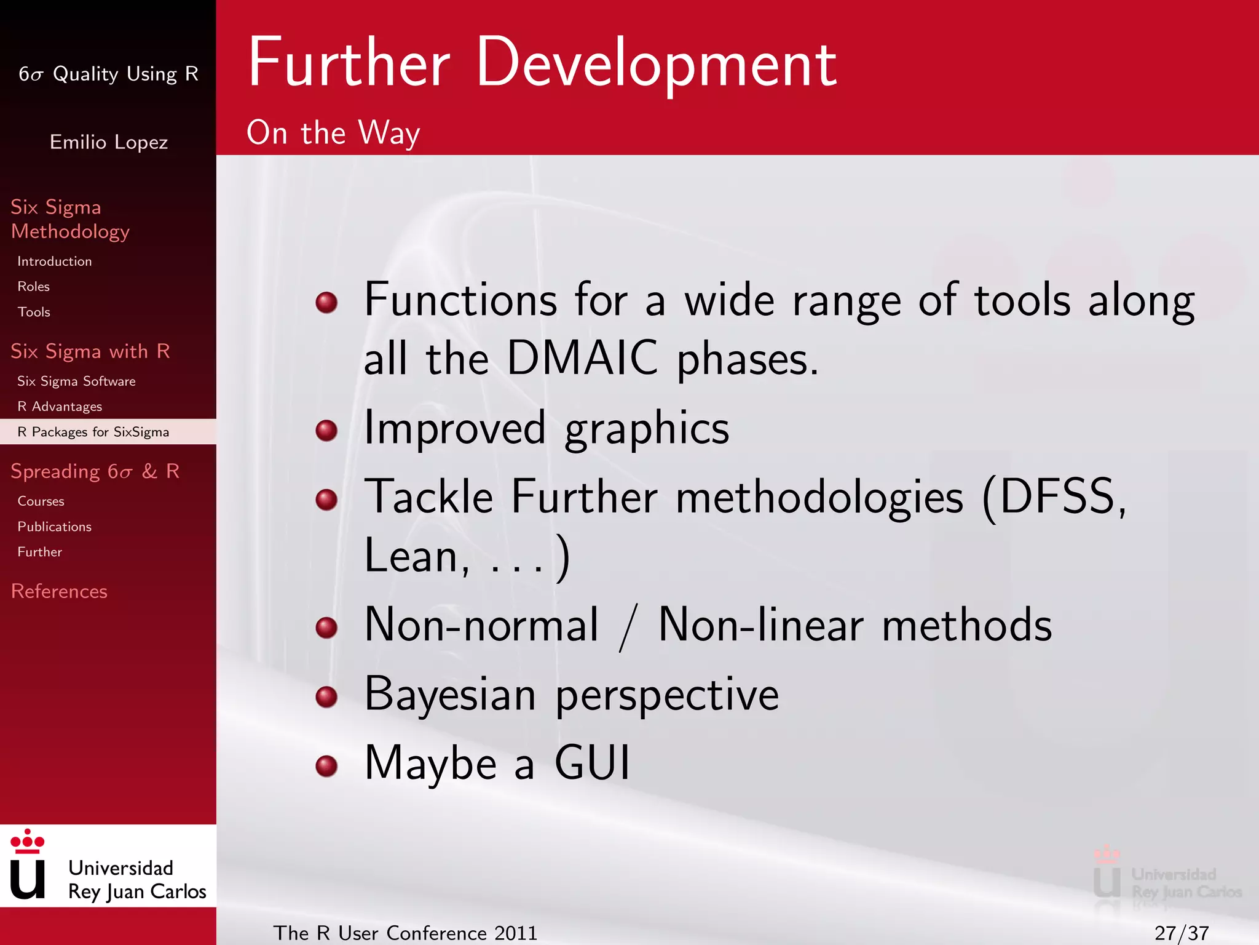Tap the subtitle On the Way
tap(333, 132)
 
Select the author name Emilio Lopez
tap(108, 142)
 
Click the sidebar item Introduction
tap(54, 261)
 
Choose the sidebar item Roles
tap(33, 287)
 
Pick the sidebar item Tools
tap(34, 312)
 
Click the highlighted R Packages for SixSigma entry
tap(93, 432)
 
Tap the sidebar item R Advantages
tap(60, 407)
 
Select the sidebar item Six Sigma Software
tap(76, 381)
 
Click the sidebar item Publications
tap(54, 527)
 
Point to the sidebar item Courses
tap(41, 501)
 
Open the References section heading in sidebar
tap(59, 591)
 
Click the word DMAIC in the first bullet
tap(582, 358)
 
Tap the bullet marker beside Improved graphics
tap(326, 430)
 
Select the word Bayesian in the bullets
tap(450, 694)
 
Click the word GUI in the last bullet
tap(592, 763)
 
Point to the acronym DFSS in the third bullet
tap(1057, 496)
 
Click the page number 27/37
tap(1181, 933)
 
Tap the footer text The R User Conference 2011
tap(405, 933)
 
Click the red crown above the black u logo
tap(28, 842)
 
